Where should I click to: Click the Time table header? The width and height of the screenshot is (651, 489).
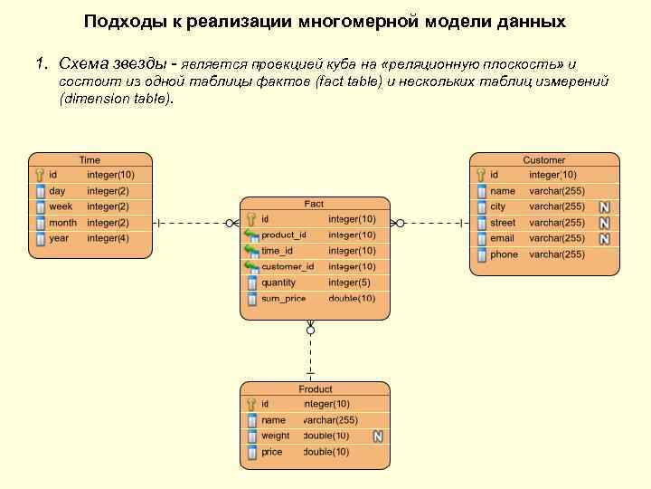[90, 160]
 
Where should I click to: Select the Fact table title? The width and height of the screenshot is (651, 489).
[314, 205]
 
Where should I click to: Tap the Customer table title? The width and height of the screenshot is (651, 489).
[543, 160]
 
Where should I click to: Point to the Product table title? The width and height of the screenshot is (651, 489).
[316, 389]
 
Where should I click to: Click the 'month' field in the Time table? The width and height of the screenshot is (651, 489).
[62, 223]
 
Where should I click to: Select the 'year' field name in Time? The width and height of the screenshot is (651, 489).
[59, 238]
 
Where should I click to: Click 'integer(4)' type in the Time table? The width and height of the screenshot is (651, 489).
[108, 238]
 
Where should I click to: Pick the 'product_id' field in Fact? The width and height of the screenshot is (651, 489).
[284, 235]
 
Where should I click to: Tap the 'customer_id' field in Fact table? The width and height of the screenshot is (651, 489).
[288, 267]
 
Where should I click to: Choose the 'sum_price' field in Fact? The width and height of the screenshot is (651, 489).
[284, 299]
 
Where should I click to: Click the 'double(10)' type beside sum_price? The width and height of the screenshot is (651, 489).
[352, 299]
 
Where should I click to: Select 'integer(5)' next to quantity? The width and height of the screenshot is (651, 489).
[349, 283]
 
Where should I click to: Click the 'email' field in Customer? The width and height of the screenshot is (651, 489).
[502, 238]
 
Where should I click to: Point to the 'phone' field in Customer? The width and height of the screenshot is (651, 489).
[504, 254]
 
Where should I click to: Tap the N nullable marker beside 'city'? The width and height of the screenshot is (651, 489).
[604, 207]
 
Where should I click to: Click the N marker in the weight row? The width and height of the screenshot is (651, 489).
[378, 436]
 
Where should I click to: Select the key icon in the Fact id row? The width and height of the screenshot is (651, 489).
[251, 219]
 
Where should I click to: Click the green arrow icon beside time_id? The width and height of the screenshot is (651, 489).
[251, 251]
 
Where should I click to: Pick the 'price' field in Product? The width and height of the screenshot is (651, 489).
[271, 452]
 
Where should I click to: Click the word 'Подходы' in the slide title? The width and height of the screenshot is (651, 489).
[120, 21]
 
